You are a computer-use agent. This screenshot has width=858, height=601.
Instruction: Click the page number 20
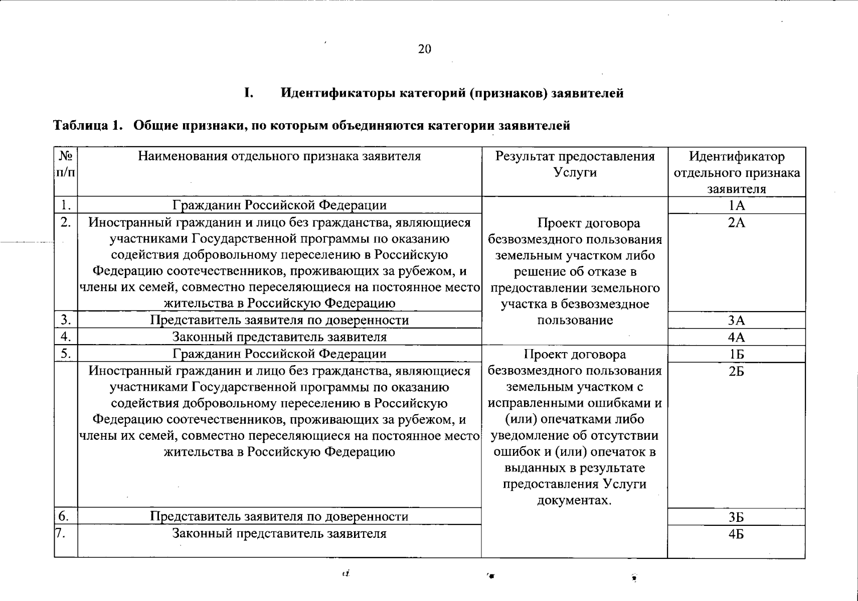point(424,49)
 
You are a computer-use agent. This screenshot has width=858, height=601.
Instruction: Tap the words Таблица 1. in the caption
point(88,125)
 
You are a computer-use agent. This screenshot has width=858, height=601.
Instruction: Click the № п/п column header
point(66,164)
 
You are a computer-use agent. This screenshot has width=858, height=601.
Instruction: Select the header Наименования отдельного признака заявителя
point(279,156)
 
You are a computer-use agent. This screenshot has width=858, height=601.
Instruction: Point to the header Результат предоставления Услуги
point(575,164)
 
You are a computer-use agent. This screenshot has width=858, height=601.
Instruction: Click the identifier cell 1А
point(736,205)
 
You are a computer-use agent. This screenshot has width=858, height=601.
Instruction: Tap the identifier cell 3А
point(736,321)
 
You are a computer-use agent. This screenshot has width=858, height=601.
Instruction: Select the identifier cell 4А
point(736,337)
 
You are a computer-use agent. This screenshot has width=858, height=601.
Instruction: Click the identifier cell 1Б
point(736,354)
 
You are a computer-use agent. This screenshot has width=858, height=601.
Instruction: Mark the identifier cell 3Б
point(736,517)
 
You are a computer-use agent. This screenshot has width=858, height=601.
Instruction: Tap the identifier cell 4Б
point(736,534)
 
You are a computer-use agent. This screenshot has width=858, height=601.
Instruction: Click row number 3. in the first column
point(66,320)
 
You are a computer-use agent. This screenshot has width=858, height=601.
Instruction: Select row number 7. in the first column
point(61,533)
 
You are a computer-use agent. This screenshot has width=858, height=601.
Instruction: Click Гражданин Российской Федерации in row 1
point(279,205)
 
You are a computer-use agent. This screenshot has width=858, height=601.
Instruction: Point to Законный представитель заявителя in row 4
point(279,337)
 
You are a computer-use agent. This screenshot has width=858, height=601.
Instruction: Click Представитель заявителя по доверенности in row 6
point(279,516)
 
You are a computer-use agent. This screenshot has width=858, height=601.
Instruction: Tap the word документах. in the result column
point(575,500)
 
